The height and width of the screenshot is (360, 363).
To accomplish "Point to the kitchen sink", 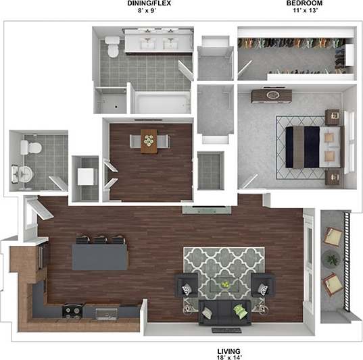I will tap(106, 313).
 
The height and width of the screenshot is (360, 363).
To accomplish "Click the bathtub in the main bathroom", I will tap(159, 103).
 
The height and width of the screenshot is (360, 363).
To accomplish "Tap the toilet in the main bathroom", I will tap(112, 47).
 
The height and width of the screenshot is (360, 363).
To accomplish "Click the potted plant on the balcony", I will tap(331, 259).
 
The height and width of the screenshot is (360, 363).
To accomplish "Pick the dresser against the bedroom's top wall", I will tap(272, 96).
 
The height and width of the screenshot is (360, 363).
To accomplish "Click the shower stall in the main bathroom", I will tap(110, 100).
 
